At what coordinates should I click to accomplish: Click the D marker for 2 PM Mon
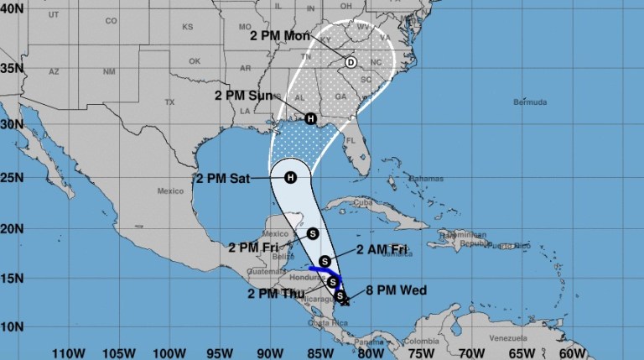point(351,62)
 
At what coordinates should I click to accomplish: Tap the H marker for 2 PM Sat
point(290,177)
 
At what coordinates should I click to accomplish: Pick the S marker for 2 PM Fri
point(313,233)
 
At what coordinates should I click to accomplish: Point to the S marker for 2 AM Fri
point(325,259)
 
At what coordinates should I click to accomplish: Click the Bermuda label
point(529,103)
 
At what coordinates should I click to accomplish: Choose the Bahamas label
point(427,180)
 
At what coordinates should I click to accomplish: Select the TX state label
point(169,102)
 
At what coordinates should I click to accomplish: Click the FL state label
point(352,140)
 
